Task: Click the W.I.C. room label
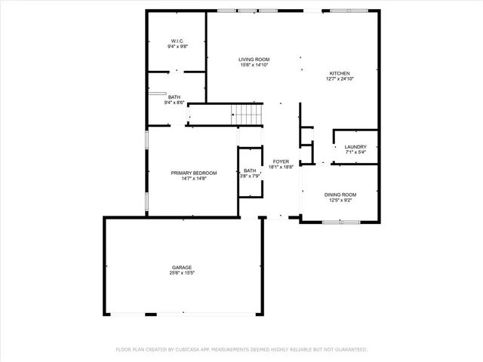click(x=177, y=41)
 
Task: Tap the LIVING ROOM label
click(x=254, y=60)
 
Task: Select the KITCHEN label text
click(x=339, y=73)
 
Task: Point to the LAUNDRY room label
click(x=355, y=146)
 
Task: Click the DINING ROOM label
click(x=340, y=195)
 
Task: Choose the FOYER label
click(x=281, y=161)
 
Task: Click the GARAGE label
click(x=182, y=267)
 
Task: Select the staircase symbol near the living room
click(x=248, y=115)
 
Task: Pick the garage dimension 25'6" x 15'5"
click(x=182, y=273)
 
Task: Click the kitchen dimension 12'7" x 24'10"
click(x=339, y=79)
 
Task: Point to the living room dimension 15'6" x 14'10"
click(x=254, y=66)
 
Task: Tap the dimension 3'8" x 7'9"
click(x=250, y=176)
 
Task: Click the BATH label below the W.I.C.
click(x=174, y=97)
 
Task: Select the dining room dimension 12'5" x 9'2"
click(x=340, y=201)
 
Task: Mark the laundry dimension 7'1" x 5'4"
click(x=355, y=152)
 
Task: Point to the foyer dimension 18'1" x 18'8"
click(x=281, y=167)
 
